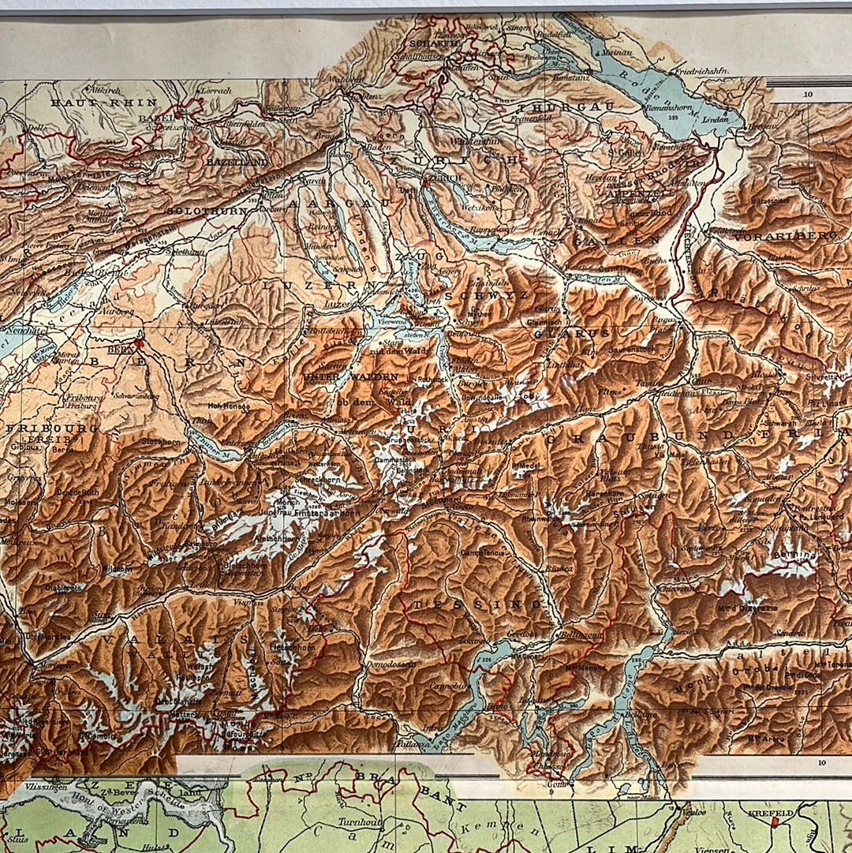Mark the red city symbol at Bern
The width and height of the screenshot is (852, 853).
click(139, 344)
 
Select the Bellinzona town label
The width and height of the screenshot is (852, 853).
click(582, 635)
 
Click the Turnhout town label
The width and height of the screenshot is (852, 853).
click(361, 821)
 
